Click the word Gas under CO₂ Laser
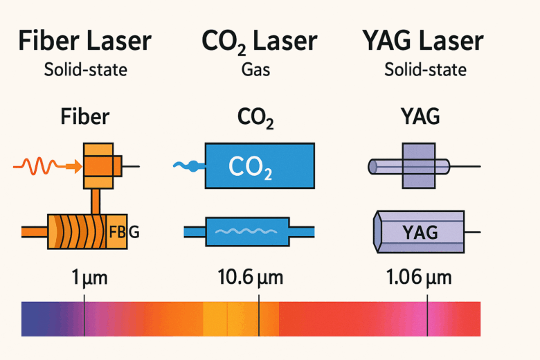[258, 70]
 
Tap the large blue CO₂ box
[260, 165]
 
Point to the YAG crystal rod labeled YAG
[418, 231]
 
